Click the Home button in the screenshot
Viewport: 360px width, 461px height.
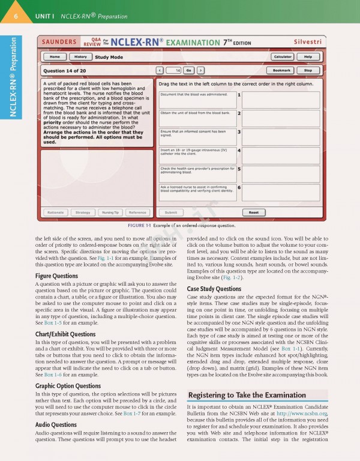(x=55, y=56)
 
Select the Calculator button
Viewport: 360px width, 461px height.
(x=282, y=56)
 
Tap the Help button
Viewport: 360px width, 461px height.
(x=308, y=56)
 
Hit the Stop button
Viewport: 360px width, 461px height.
(x=308, y=70)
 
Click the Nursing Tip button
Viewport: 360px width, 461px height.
(x=110, y=212)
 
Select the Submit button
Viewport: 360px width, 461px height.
(x=171, y=212)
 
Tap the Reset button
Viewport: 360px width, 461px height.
(x=254, y=212)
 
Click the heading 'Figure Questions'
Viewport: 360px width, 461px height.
(x=56, y=276)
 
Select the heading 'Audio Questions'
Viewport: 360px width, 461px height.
(x=56, y=424)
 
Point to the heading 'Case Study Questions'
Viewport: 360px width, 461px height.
(x=214, y=289)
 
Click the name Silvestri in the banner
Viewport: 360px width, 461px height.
(x=308, y=42)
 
